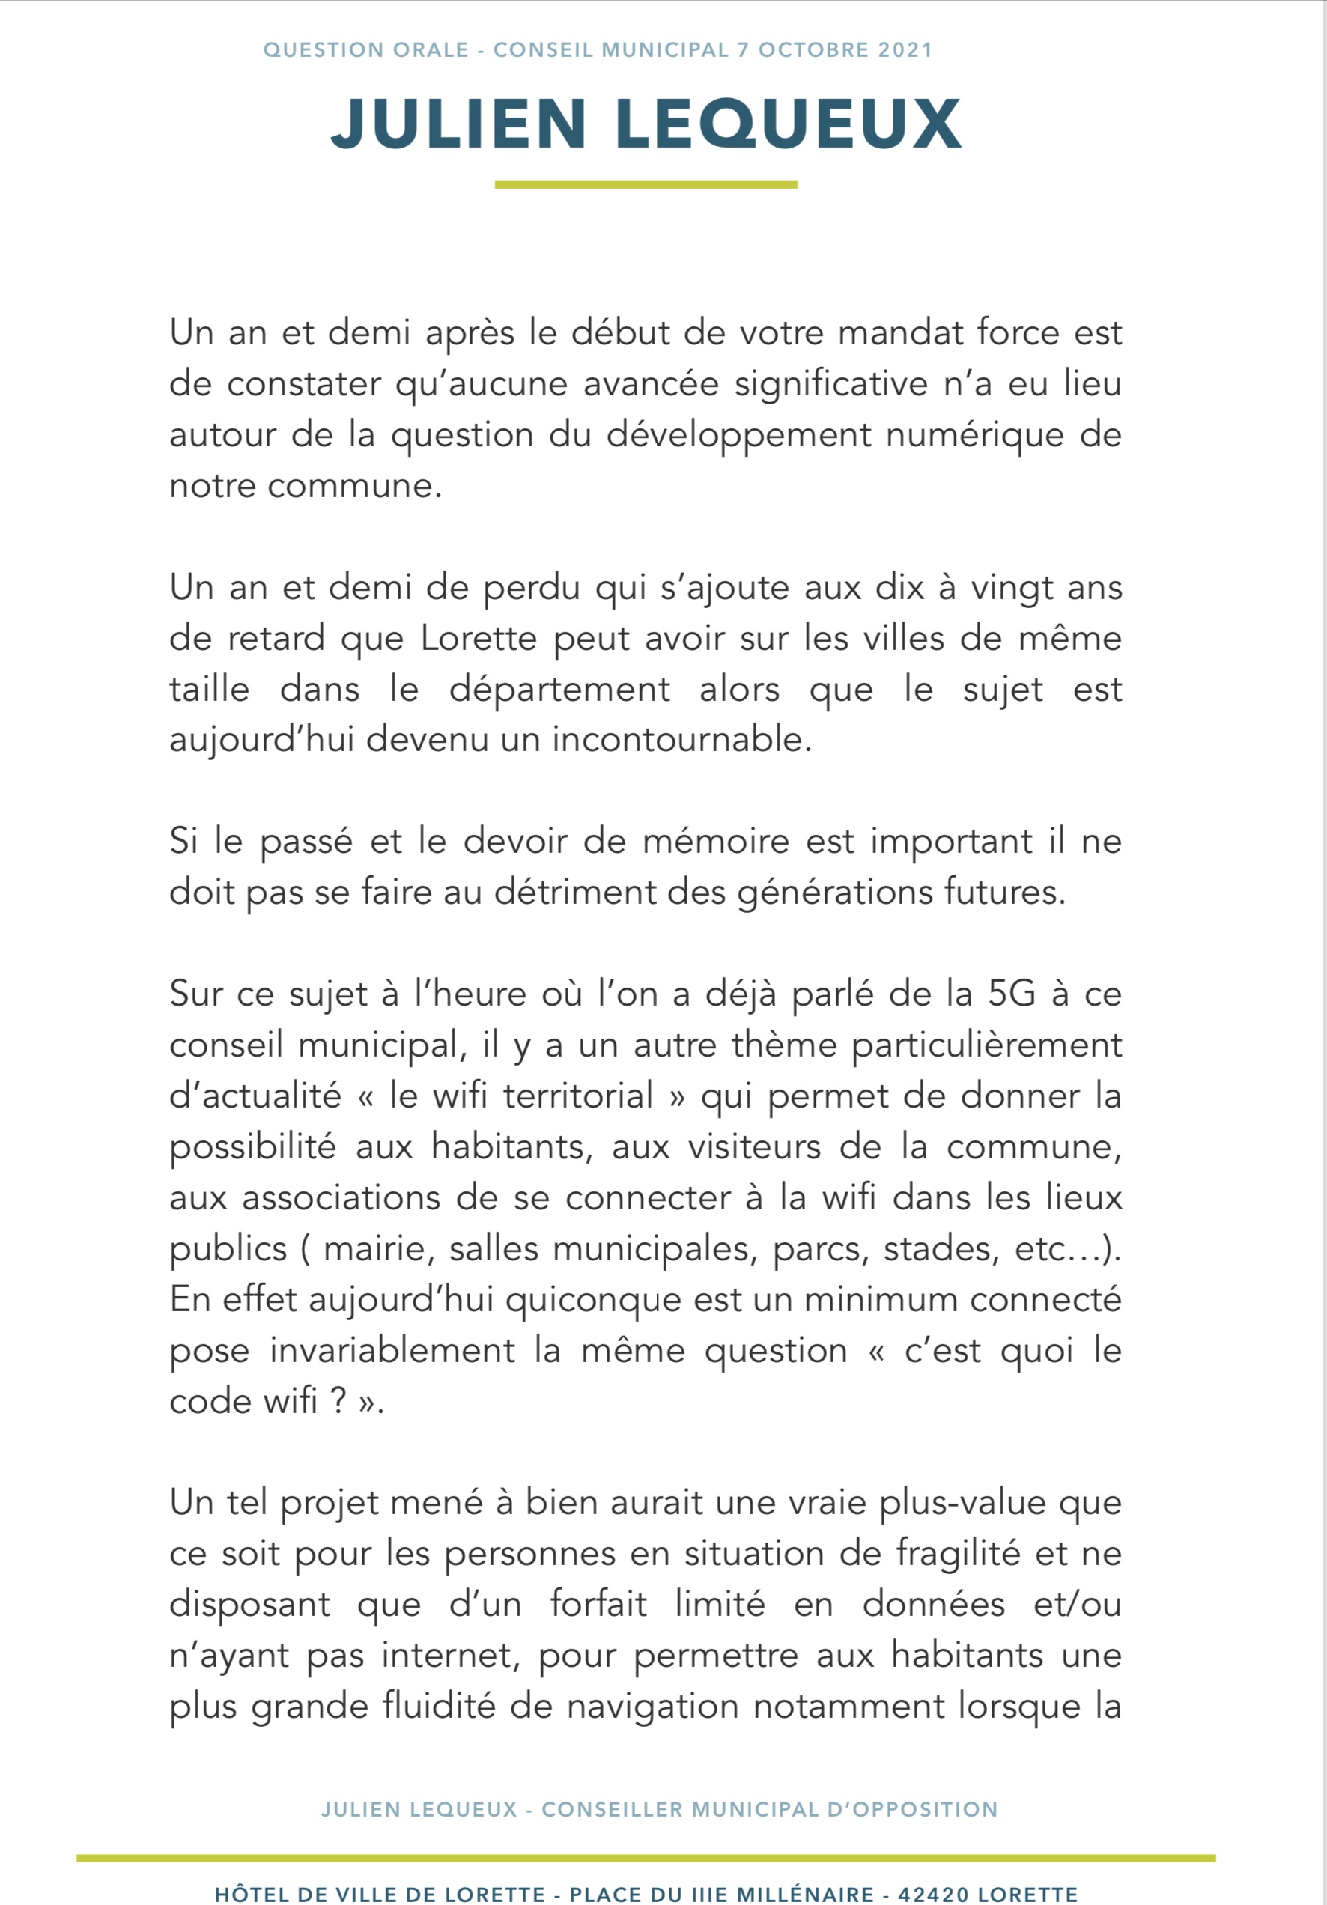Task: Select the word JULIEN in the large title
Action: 460,124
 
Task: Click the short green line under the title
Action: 646,185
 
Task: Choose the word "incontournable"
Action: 681,740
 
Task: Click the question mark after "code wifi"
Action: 338,1401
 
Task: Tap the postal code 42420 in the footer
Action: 933,1895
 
